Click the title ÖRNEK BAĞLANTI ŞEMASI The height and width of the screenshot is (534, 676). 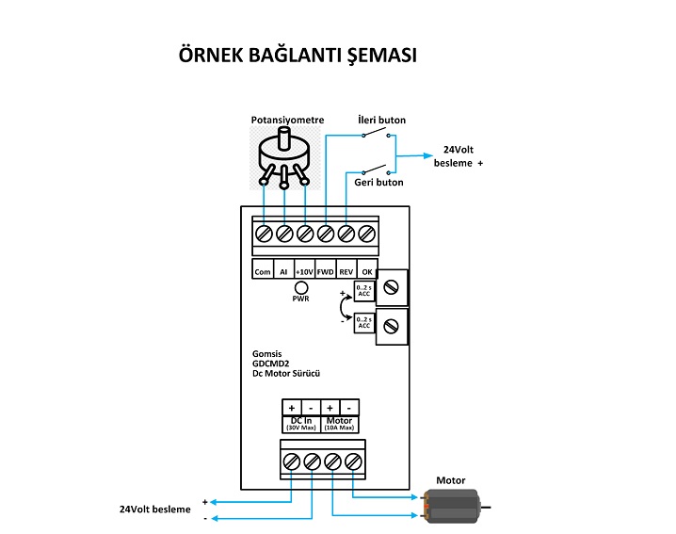298,56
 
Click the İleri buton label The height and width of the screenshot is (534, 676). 382,121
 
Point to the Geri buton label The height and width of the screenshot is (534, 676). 379,182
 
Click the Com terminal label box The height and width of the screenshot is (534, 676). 263,271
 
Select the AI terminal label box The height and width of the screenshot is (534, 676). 283,271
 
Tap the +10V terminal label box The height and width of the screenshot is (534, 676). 304,271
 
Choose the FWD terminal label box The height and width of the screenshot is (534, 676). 326,271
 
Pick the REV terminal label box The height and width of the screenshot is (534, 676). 346,271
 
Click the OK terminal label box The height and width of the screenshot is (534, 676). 367,271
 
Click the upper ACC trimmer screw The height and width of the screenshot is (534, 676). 392,285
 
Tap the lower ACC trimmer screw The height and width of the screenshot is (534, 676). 392,327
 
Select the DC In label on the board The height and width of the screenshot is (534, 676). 302,420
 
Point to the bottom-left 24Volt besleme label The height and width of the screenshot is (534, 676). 154,509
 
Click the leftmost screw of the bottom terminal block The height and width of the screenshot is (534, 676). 292,461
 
